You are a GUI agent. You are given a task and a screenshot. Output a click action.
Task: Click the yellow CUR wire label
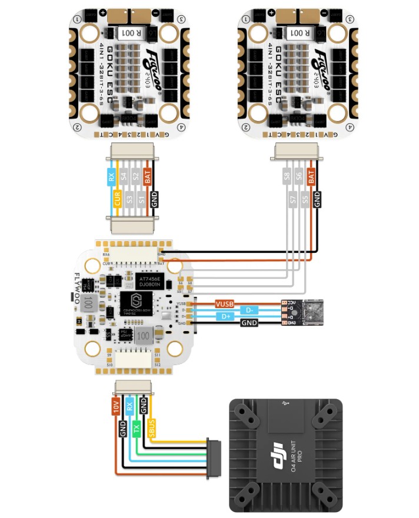click(117, 198)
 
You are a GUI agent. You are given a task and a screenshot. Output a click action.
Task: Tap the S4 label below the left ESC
click(124, 175)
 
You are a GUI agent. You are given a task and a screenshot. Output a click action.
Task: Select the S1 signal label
click(142, 198)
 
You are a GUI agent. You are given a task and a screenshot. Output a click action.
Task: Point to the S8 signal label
click(287, 175)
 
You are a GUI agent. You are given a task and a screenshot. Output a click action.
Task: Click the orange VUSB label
click(224, 304)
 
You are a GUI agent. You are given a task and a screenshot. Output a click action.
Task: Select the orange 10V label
click(115, 406)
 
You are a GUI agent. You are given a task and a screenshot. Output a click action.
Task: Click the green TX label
click(137, 429)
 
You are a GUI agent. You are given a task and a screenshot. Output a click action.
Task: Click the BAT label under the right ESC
click(311, 175)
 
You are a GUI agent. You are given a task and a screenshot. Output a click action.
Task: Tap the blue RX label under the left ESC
click(111, 175)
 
